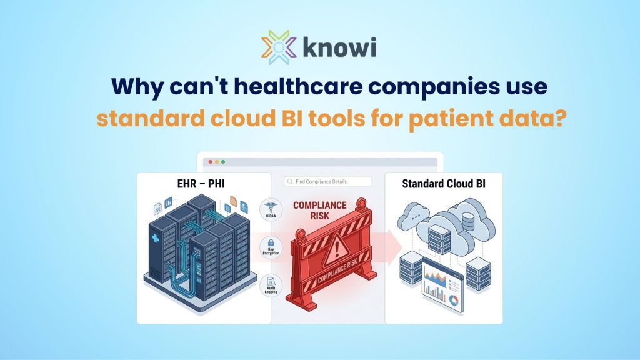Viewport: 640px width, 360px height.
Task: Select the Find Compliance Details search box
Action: coord(327,182)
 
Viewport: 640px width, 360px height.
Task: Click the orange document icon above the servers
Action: coord(233,201)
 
